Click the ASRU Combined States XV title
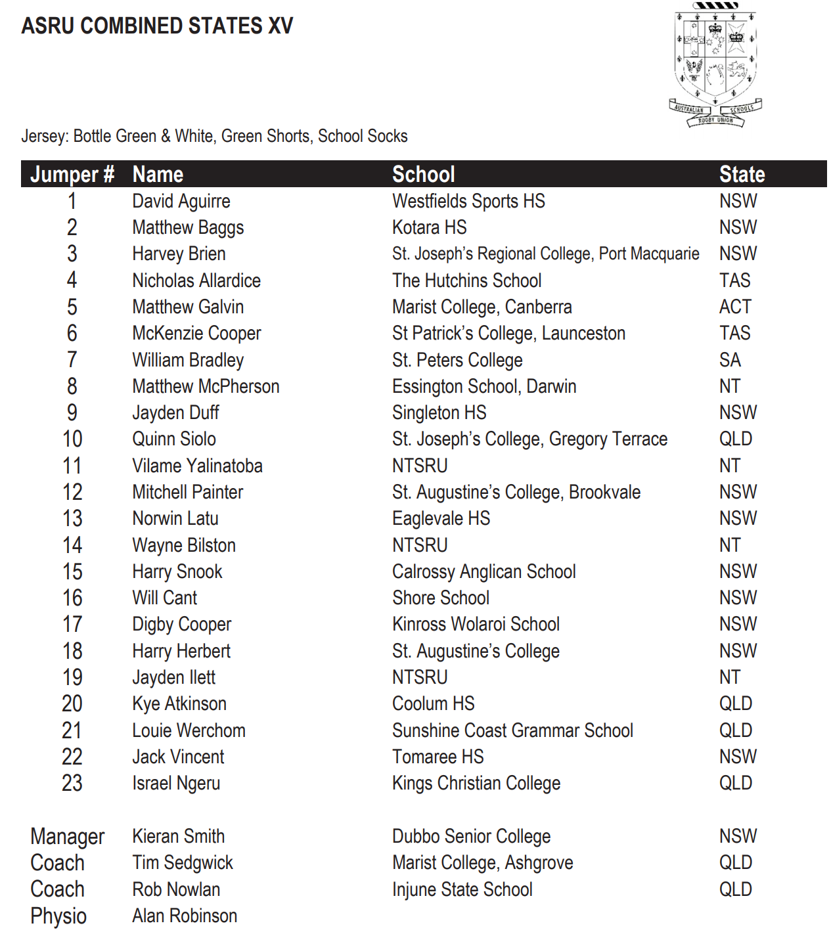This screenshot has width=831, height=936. (157, 26)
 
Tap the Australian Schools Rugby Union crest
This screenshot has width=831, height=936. (716, 64)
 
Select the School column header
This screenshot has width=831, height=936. (423, 174)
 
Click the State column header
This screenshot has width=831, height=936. (742, 174)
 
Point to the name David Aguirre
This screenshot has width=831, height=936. (181, 201)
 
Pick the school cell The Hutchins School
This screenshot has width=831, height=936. (466, 280)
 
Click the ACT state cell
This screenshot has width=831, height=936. (734, 307)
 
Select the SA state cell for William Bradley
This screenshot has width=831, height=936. (730, 360)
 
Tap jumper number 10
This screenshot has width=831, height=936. (72, 439)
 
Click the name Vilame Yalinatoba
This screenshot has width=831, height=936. (197, 466)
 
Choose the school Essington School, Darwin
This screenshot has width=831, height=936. (484, 386)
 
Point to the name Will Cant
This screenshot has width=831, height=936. (164, 598)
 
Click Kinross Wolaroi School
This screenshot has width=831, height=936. (476, 624)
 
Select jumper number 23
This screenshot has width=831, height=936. (72, 783)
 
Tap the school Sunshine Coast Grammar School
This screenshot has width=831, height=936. (512, 730)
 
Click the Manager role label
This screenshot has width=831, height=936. (67, 837)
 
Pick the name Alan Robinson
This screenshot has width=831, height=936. (185, 916)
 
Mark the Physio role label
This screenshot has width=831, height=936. (58, 916)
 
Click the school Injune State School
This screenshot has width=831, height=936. (462, 889)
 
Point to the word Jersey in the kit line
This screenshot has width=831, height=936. (44, 136)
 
